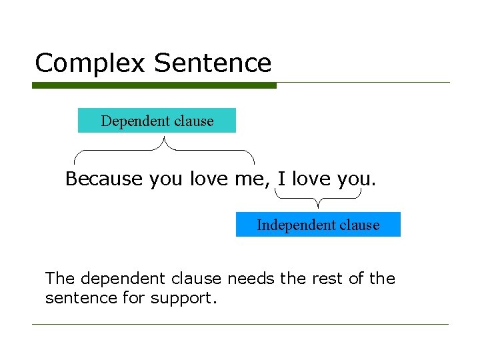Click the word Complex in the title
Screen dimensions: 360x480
pyautogui.click(x=90, y=63)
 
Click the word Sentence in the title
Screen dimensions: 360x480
pyautogui.click(x=213, y=63)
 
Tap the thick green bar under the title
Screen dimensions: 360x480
pyautogui.click(x=154, y=85)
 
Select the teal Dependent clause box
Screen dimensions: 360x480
pyautogui.click(x=157, y=121)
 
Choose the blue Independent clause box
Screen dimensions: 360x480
pyautogui.click(x=318, y=225)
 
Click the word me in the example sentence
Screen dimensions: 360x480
pyautogui.click(x=251, y=179)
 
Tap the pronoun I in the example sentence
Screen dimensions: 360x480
pyautogui.click(x=281, y=179)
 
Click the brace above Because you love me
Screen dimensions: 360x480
pyautogui.click(x=164, y=150)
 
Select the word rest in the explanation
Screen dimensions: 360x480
pyautogui.click(x=327, y=278)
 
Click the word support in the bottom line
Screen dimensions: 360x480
pyautogui.click(x=181, y=299)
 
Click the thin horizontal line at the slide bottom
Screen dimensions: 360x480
pyautogui.click(x=240, y=325)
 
